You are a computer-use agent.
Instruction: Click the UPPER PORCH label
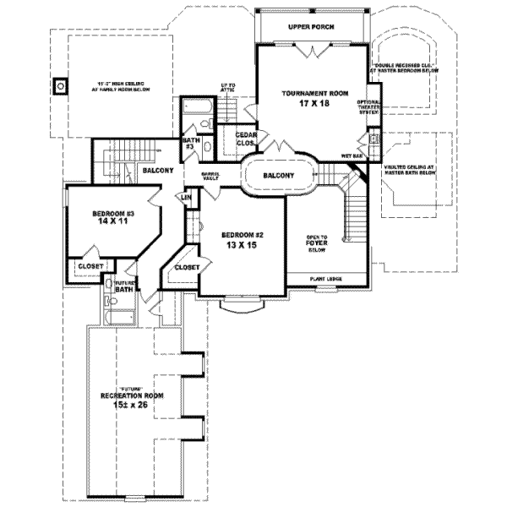point(311,28)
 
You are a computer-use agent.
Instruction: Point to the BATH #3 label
point(191,143)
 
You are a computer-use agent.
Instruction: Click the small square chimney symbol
point(60,85)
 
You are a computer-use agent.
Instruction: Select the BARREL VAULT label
point(210,177)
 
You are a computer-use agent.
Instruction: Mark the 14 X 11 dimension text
point(113,225)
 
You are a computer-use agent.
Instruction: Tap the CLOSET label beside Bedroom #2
point(186,267)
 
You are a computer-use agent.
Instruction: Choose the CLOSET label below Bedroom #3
point(90,265)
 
